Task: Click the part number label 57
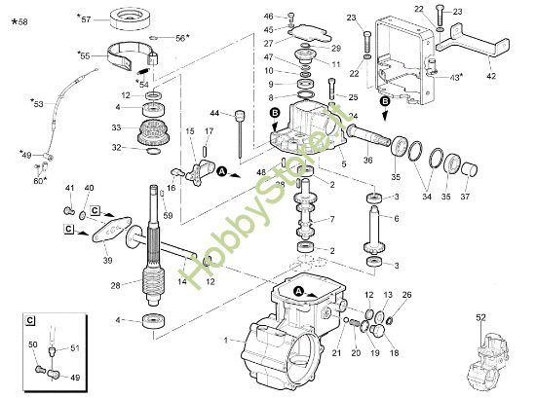[x=85, y=18]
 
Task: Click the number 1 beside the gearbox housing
[x=226, y=339]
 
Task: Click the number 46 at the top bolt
[x=269, y=17]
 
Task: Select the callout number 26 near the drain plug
[x=407, y=295]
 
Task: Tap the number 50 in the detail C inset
[x=31, y=345]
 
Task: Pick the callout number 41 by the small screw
[x=69, y=187]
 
